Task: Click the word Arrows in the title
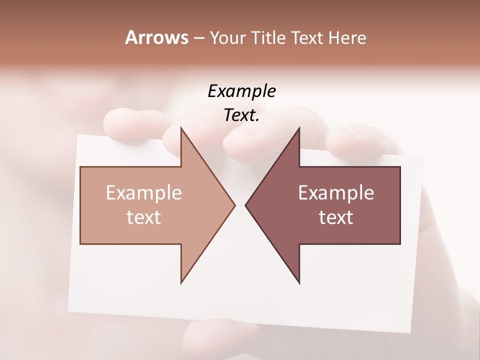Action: pos(156,37)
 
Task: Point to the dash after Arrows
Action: pos(198,38)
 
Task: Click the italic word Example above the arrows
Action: pos(241,91)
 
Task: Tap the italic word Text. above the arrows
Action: pos(241,115)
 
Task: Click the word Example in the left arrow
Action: pos(144,193)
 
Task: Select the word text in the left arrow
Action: pos(144,217)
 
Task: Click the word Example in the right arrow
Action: pos(336,193)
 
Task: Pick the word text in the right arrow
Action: pos(336,217)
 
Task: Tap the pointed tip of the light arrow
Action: pos(234,205)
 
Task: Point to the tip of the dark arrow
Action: pos(246,205)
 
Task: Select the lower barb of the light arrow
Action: pos(182,280)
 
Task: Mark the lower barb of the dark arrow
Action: pos(298,280)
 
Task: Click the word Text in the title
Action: pos(306,38)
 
